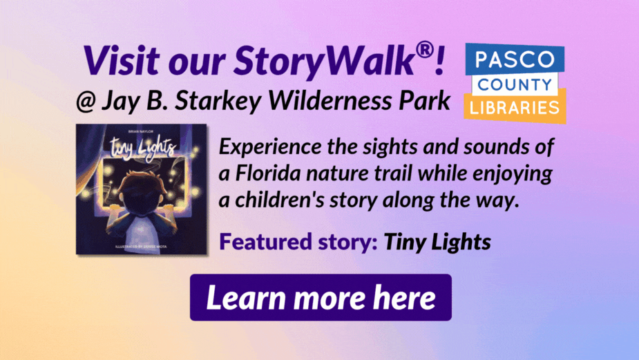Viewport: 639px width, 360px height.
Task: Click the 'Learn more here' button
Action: click(x=321, y=298)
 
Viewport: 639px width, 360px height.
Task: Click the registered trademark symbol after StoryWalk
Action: click(x=425, y=50)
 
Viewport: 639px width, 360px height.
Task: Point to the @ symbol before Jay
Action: click(x=86, y=102)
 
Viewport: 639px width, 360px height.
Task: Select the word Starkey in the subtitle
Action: click(x=218, y=101)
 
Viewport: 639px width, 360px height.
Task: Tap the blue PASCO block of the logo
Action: click(x=515, y=59)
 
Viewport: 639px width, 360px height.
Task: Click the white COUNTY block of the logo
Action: click(x=515, y=85)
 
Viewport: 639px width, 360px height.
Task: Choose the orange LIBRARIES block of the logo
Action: click(x=515, y=107)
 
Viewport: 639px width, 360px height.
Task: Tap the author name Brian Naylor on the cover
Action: click(x=141, y=131)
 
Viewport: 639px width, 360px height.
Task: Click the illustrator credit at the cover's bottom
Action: click(x=141, y=247)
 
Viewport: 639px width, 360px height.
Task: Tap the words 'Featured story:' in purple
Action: click(x=298, y=241)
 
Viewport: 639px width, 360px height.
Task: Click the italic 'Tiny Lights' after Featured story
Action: click(x=437, y=242)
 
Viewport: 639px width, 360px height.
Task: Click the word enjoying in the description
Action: click(x=513, y=174)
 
